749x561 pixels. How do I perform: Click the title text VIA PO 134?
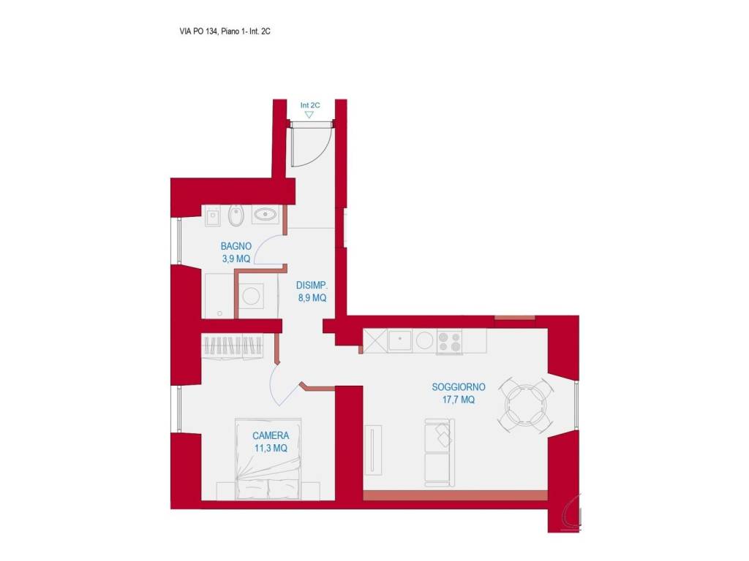click(x=199, y=31)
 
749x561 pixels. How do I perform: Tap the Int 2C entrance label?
click(x=310, y=105)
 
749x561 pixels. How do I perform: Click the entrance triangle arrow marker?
click(x=309, y=115)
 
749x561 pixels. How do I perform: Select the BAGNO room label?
click(x=236, y=246)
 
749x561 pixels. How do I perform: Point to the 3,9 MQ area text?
click(x=236, y=259)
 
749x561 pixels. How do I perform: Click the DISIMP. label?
click(x=312, y=286)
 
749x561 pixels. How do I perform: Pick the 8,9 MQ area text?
click(x=312, y=298)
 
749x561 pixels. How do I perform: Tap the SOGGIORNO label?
click(x=459, y=387)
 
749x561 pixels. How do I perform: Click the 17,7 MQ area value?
click(x=459, y=400)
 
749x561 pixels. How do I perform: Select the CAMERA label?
click(x=271, y=435)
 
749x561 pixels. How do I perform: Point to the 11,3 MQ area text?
click(x=271, y=449)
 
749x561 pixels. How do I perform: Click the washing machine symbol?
click(x=252, y=296)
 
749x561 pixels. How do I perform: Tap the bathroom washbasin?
click(x=265, y=215)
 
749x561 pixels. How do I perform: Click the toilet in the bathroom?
click(x=236, y=215)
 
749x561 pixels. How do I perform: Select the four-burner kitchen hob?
click(x=450, y=342)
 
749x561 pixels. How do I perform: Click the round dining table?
click(x=526, y=405)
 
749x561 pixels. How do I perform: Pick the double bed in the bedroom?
click(x=268, y=459)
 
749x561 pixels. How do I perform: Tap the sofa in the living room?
click(x=440, y=453)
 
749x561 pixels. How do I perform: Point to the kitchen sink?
click(x=400, y=340)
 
